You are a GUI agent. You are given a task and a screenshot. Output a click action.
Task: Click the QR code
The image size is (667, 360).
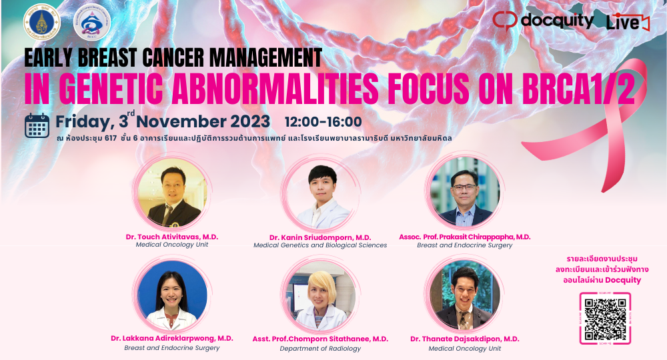tap(605, 319)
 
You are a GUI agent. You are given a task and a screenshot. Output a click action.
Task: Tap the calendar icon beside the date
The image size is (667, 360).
tap(37, 126)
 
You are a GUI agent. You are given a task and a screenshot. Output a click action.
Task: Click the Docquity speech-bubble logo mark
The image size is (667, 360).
tap(505, 19)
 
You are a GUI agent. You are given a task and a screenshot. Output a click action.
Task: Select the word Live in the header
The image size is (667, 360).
tap(623, 22)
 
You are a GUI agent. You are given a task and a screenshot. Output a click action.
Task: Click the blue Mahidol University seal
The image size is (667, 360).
tap(41, 22)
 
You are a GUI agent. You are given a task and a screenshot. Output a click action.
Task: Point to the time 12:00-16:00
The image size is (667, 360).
tap(323, 121)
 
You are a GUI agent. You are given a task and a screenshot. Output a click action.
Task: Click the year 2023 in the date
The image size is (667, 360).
tap(250, 121)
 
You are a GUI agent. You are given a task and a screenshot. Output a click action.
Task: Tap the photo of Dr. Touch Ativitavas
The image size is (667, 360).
tap(172, 193)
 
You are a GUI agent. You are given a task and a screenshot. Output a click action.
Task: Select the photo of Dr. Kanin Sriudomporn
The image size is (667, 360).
tap(320, 193)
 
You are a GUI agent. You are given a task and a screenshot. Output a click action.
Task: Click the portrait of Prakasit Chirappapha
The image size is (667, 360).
tap(465, 192)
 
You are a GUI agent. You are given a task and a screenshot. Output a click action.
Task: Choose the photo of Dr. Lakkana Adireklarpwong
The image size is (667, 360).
tap(172, 295)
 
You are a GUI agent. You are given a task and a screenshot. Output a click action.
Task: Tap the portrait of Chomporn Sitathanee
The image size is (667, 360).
tap(320, 296)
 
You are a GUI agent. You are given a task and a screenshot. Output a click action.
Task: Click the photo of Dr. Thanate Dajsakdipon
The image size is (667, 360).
tap(465, 295)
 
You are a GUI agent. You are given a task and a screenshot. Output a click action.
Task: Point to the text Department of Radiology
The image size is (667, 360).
tap(320, 349)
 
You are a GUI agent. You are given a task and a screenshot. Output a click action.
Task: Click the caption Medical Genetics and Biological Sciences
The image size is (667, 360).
tap(320, 245)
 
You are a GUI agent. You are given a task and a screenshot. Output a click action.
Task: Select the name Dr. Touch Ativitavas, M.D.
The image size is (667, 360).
tap(172, 237)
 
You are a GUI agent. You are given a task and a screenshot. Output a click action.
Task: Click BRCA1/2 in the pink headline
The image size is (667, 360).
tap(578, 89)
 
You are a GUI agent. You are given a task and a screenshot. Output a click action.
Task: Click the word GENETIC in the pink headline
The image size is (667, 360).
tap(111, 89)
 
